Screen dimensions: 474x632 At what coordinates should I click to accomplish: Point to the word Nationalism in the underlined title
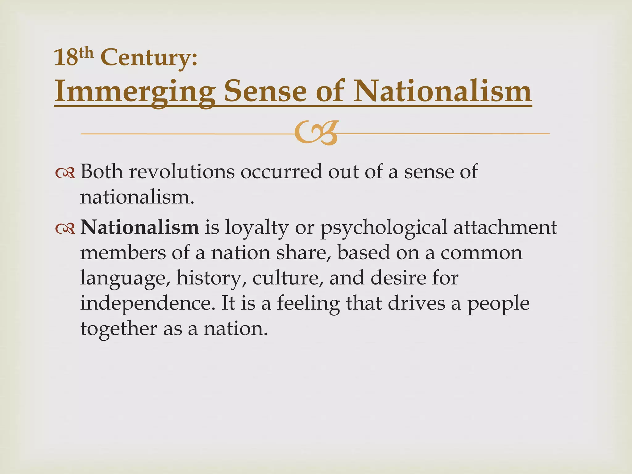pyautogui.click(x=443, y=91)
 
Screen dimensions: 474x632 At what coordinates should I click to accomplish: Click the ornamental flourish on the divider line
pyautogui.click(x=316, y=133)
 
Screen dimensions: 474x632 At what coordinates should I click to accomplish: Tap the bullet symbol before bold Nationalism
pyautogui.click(x=65, y=228)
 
